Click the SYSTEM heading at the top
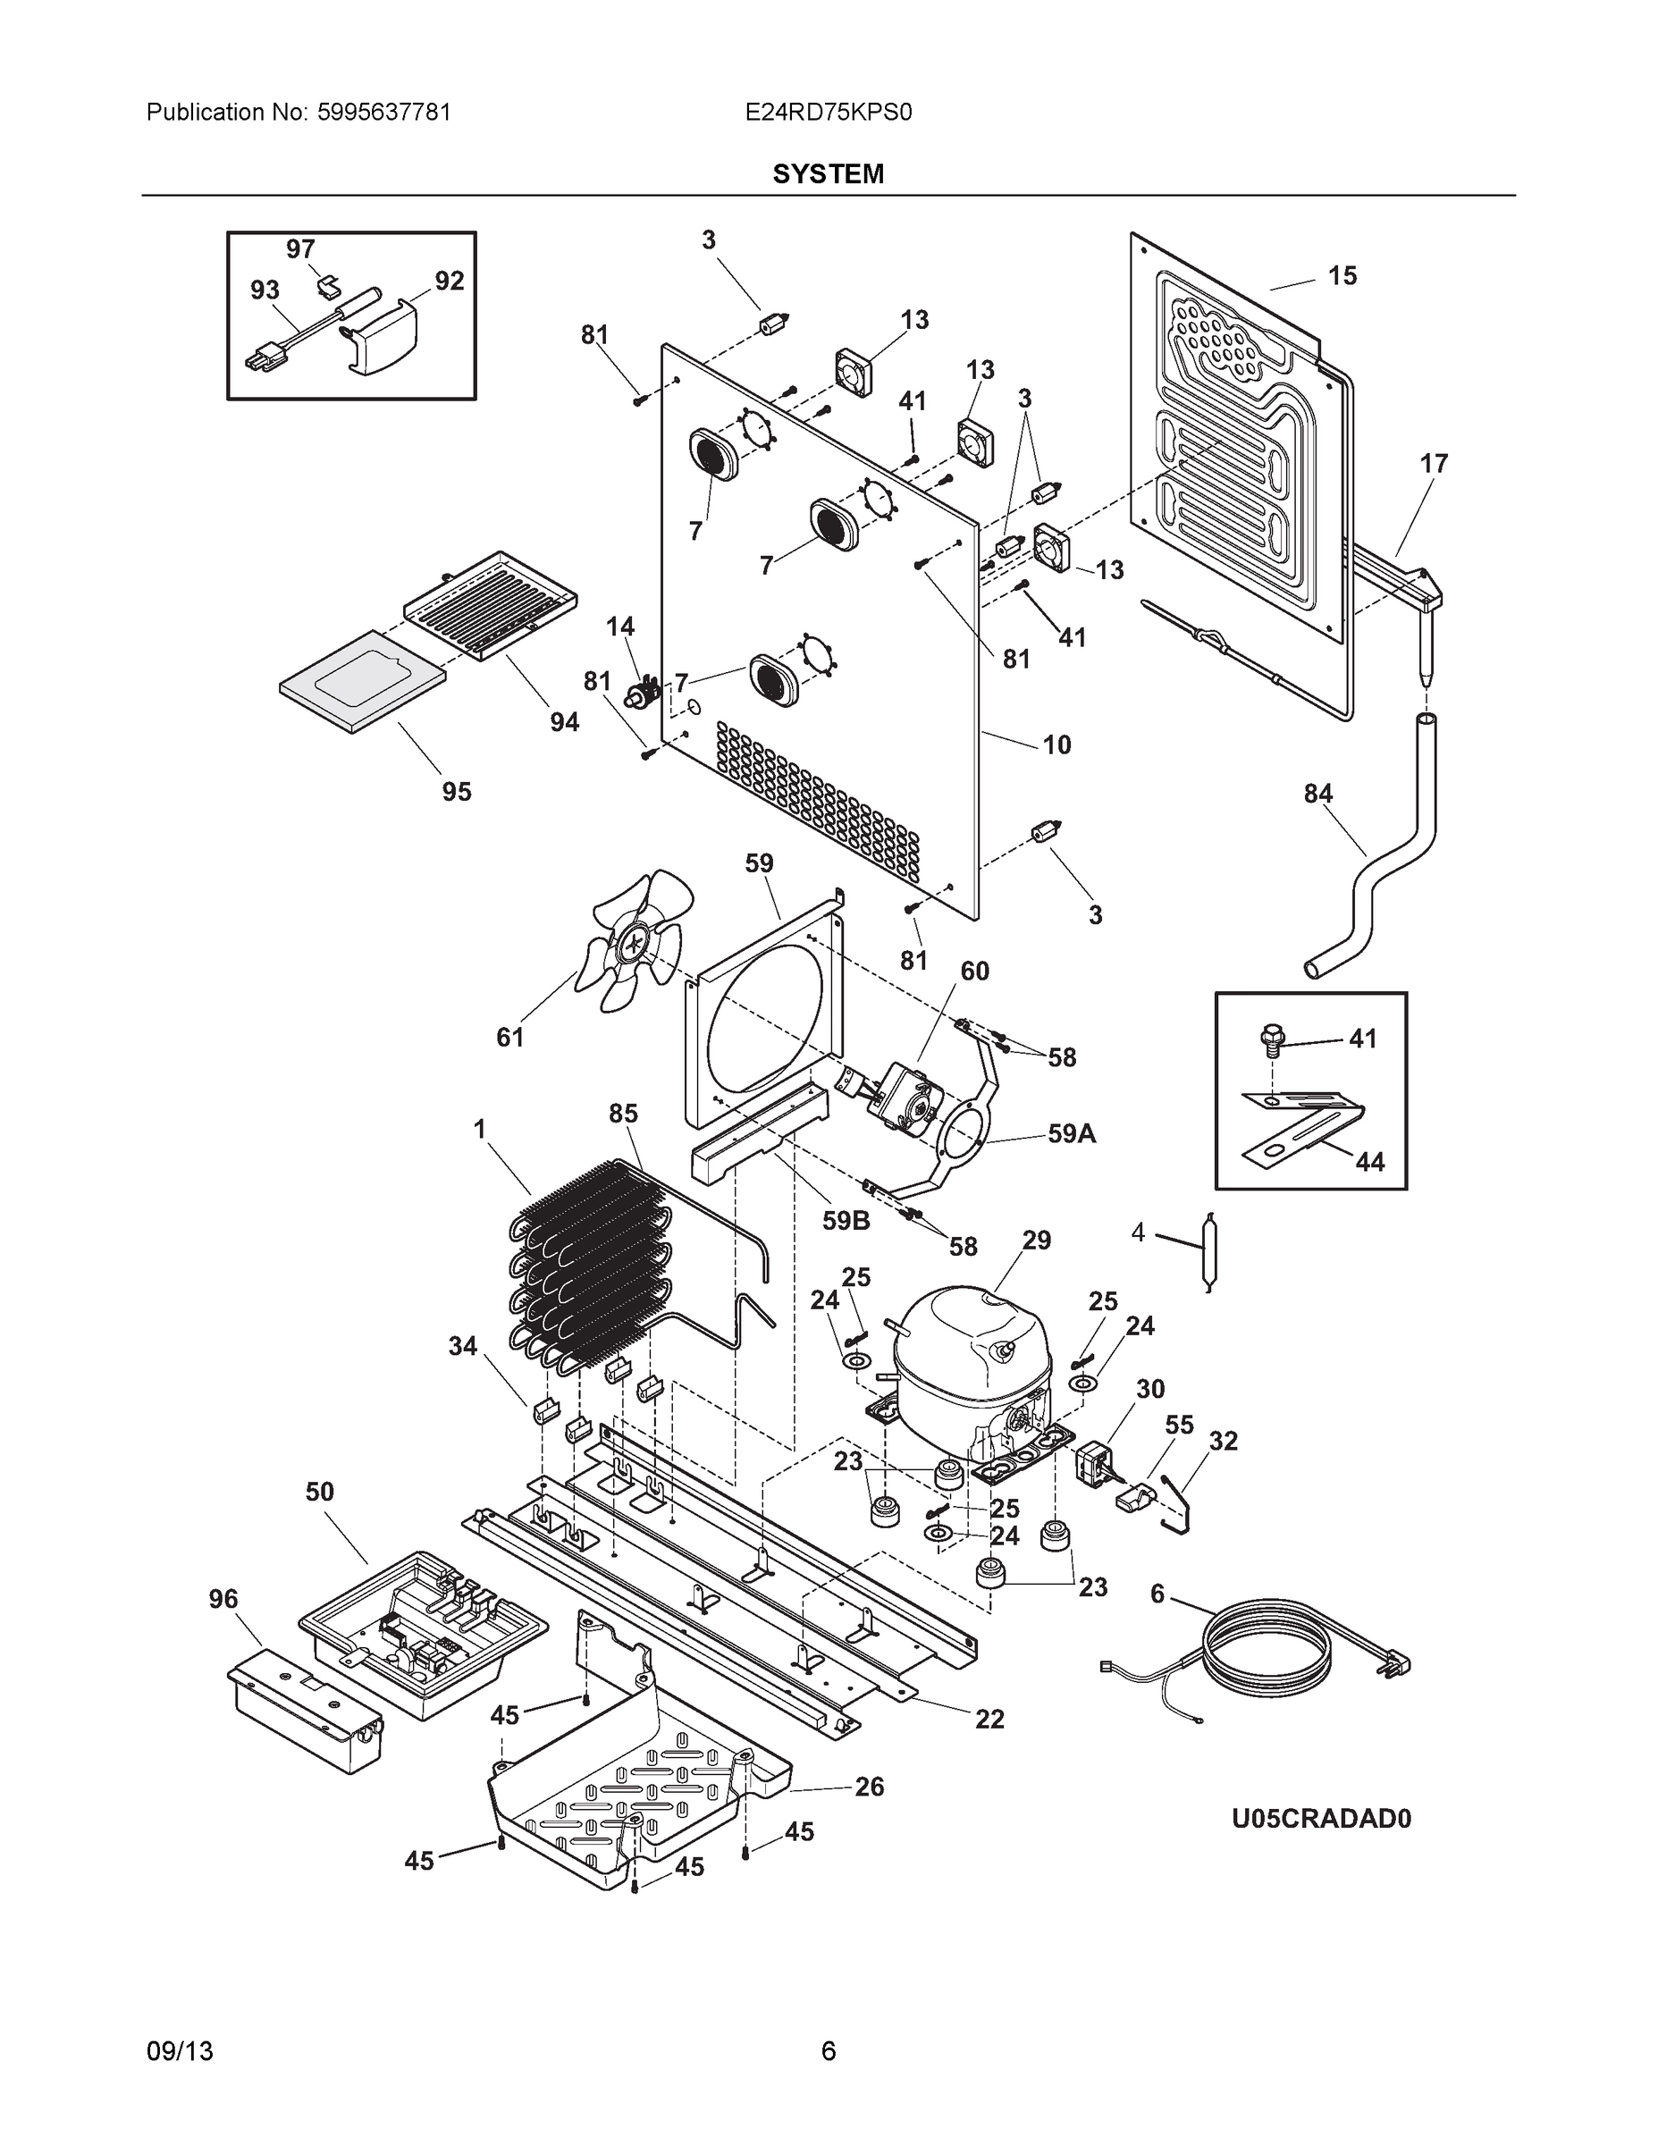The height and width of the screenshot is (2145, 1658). pyautogui.click(x=828, y=174)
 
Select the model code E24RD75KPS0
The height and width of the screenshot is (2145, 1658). pyautogui.click(x=828, y=112)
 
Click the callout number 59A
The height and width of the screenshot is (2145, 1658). pyautogui.click(x=1072, y=1134)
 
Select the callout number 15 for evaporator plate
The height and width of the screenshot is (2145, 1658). pyautogui.click(x=1342, y=276)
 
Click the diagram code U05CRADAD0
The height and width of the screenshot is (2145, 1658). pyautogui.click(x=1321, y=1819)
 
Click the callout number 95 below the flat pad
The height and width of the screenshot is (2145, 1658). pyautogui.click(x=457, y=792)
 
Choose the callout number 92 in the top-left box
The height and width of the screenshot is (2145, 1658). pyautogui.click(x=449, y=282)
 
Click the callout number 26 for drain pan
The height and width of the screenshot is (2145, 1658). pyautogui.click(x=870, y=1787)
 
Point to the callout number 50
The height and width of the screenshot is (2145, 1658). pyautogui.click(x=319, y=1492)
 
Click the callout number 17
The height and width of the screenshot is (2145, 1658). pyautogui.click(x=1433, y=464)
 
